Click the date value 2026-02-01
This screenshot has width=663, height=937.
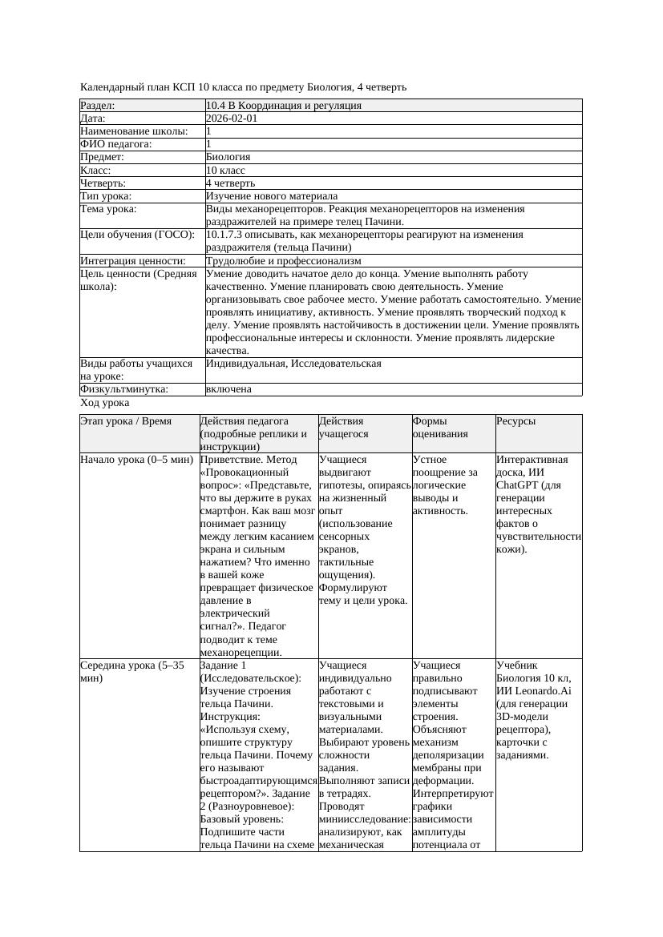[x=232, y=119]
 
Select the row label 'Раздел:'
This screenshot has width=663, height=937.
[x=98, y=106]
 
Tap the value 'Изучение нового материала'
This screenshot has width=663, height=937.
[x=272, y=196]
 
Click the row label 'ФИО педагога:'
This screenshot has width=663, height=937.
[x=116, y=144]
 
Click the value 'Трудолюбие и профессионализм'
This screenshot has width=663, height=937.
[x=284, y=261]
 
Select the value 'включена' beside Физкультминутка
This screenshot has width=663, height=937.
[x=228, y=389]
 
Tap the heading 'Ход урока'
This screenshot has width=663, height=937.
[x=105, y=404]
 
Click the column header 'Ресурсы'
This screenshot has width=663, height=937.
[x=516, y=421]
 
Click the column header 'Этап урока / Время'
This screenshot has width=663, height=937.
[x=126, y=421]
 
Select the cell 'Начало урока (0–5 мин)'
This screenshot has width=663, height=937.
[x=137, y=460]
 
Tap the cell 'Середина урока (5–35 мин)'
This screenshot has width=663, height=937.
[x=132, y=671]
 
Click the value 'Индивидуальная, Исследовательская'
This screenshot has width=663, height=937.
[x=293, y=364]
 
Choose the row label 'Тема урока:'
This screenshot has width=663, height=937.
[x=108, y=209]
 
